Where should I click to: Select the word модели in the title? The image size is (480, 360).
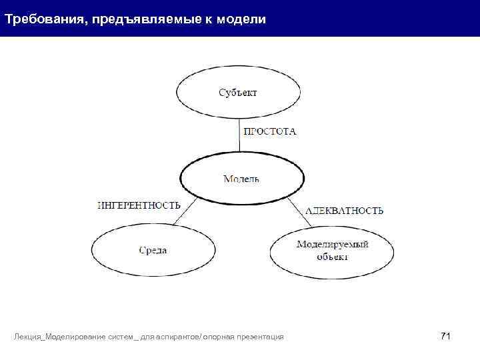tap(244, 19)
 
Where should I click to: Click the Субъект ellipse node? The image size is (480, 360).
tap(238, 93)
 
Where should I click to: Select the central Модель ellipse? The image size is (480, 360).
tap(241, 179)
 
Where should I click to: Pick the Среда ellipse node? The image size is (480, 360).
tap(153, 251)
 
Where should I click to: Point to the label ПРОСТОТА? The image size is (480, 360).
tap(270, 132)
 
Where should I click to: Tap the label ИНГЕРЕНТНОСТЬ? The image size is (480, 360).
tap(139, 205)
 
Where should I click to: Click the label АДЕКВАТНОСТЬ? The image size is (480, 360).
tap(344, 211)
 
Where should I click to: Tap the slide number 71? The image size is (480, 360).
tap(445, 335)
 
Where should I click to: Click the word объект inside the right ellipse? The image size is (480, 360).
tap(332, 257)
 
